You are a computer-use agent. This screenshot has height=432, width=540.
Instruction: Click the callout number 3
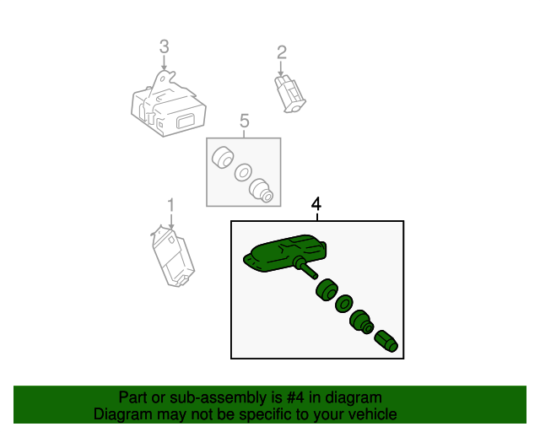165,46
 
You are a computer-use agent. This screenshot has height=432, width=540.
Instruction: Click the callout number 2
282,52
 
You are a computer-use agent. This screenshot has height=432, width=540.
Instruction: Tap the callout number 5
244,121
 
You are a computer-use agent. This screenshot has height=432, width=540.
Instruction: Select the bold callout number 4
316,204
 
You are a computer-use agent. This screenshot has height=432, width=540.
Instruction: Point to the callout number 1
171,205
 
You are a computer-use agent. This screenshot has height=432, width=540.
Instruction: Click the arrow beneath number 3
165,63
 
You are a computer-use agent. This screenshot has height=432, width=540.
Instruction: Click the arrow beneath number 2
281,69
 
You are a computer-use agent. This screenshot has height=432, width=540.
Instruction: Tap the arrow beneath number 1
171,222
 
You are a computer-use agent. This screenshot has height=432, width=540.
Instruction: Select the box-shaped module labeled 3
169,104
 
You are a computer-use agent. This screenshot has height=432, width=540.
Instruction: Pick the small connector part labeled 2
290,94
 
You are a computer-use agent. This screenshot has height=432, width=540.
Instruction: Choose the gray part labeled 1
173,256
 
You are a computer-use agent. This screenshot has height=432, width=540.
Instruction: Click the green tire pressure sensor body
285,254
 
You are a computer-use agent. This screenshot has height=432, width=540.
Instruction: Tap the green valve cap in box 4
386,342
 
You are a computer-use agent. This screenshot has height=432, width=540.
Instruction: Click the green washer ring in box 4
343,304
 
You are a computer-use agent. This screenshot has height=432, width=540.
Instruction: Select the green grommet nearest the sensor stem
327,289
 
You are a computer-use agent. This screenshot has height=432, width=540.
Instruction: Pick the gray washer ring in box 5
243,172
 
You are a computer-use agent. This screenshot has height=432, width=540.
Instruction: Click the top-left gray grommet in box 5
223,158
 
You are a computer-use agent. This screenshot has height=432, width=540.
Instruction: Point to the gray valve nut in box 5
261,191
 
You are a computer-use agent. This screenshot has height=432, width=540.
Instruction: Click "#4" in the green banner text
295,398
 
